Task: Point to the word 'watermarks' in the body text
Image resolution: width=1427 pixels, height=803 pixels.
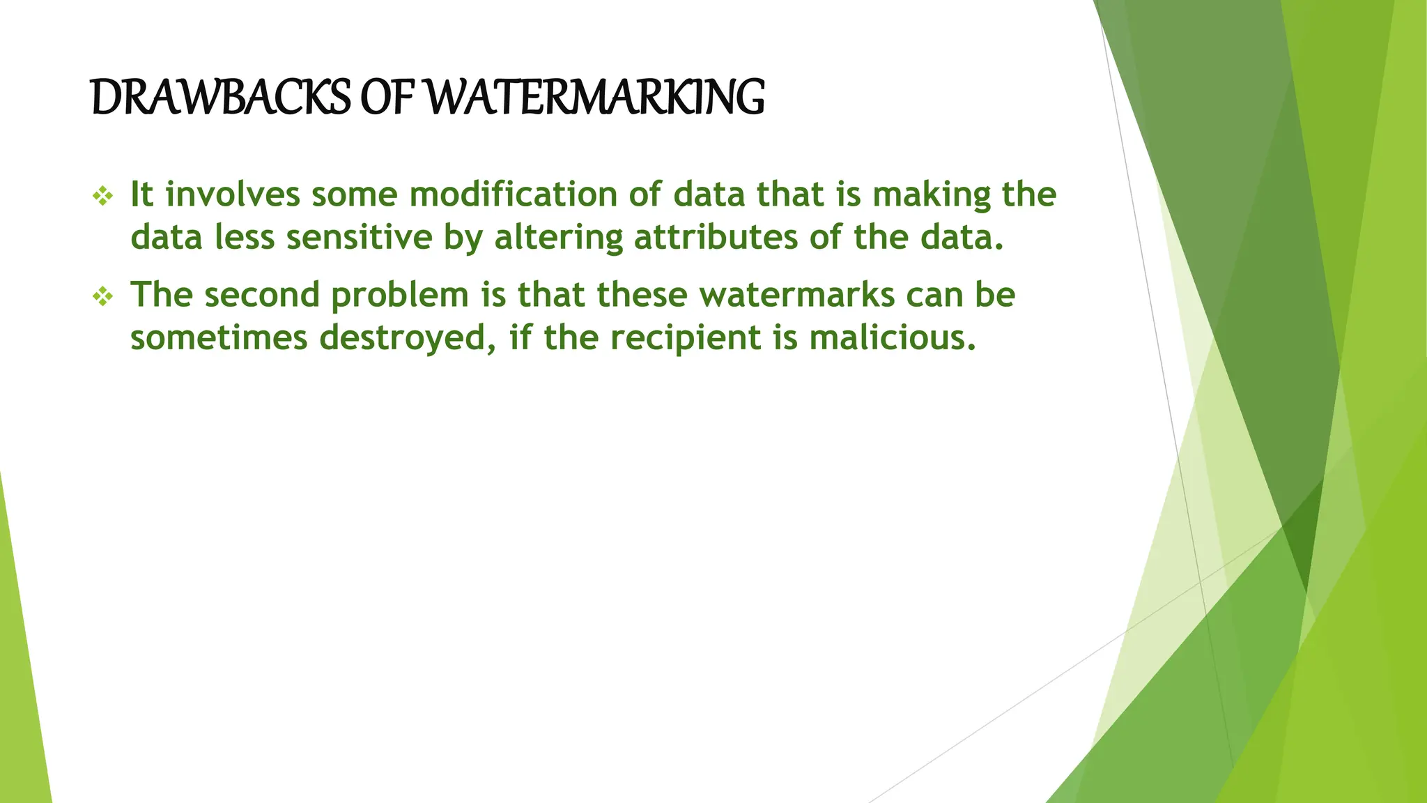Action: [x=797, y=295]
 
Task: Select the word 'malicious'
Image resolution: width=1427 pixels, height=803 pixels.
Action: [x=893, y=338]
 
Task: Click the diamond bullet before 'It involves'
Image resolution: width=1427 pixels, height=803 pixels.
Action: [x=102, y=197]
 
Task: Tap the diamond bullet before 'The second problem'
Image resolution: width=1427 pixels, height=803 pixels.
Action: [x=102, y=297]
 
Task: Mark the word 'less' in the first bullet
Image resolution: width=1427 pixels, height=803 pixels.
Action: [x=245, y=238]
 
